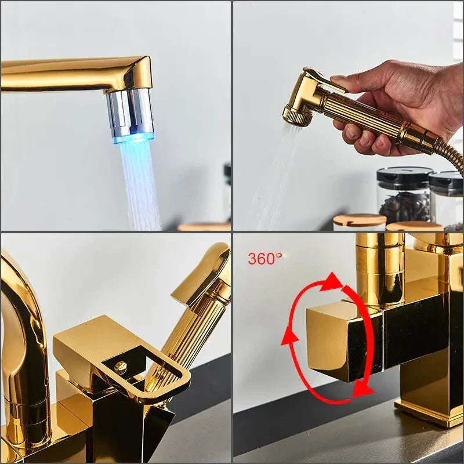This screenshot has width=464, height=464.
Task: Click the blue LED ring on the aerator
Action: [133, 138]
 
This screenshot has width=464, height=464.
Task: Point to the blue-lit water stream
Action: [139, 180]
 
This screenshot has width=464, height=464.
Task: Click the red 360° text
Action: [265, 259]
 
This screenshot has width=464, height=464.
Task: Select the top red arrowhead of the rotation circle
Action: [332, 282]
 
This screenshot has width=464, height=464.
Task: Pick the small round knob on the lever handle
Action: [121, 367]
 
